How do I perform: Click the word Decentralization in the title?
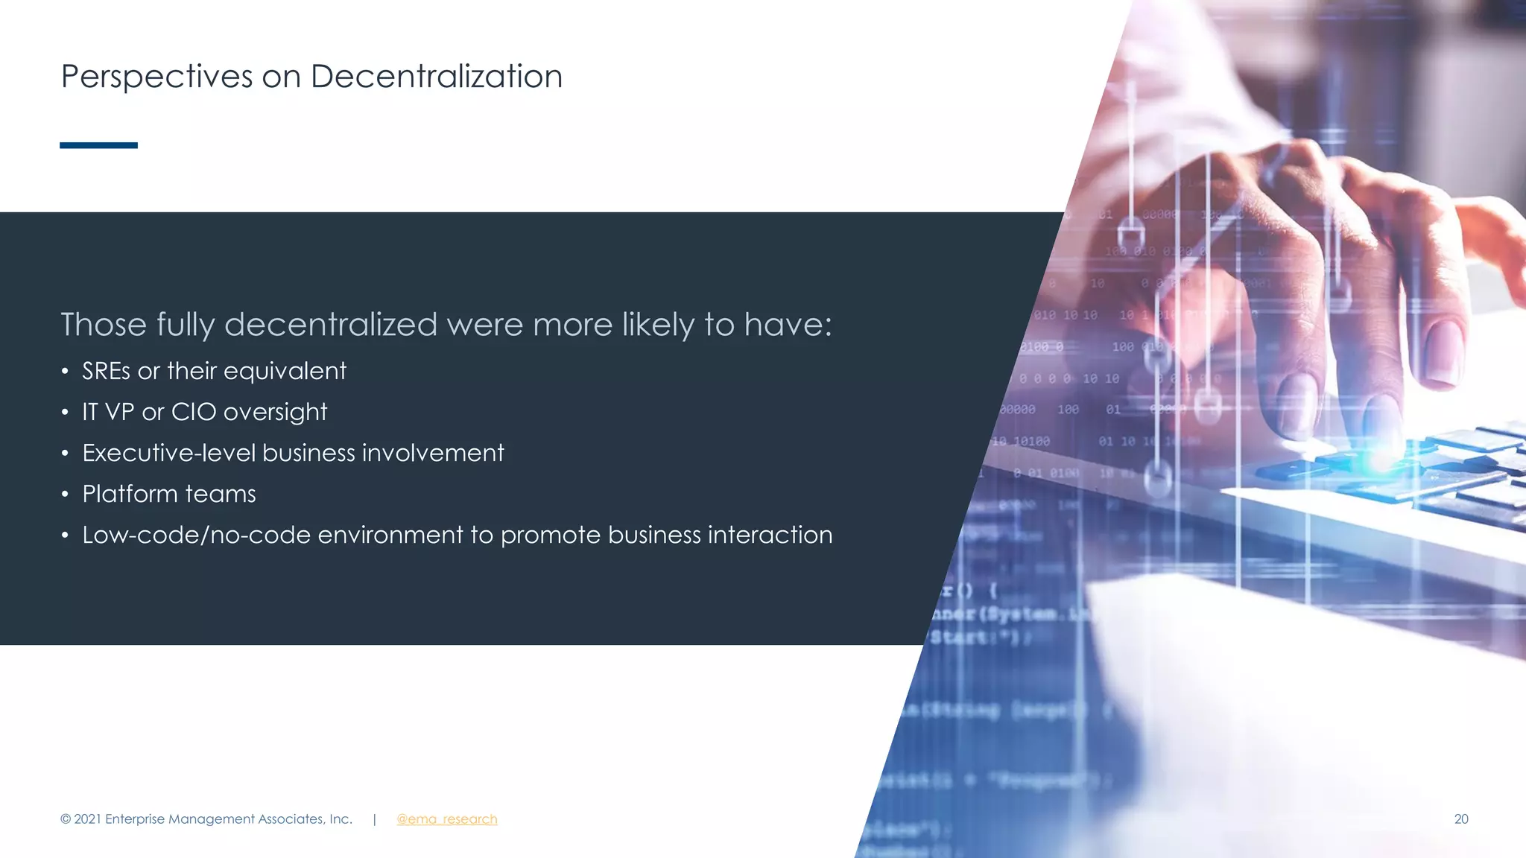(x=436, y=77)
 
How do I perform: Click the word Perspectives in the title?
(x=156, y=77)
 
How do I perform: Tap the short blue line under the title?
(x=98, y=145)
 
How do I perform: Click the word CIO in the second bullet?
(x=194, y=412)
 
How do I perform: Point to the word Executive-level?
(x=168, y=453)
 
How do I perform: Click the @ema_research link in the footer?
(x=446, y=819)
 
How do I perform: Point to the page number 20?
(x=1460, y=819)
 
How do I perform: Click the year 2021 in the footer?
(x=87, y=819)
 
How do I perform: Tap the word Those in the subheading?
(x=104, y=325)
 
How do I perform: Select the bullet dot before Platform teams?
(x=66, y=494)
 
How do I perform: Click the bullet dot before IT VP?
(x=66, y=412)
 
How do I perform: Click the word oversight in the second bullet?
(x=275, y=412)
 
